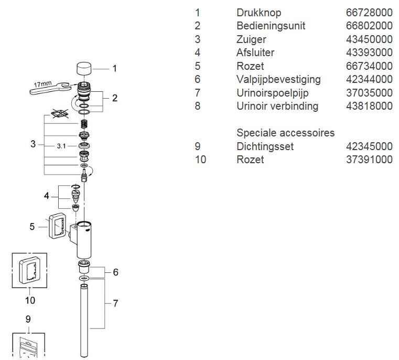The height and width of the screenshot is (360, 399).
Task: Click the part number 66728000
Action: tap(369, 13)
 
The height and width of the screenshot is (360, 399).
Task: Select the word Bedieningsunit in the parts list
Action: tap(271, 26)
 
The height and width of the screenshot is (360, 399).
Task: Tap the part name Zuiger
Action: tap(251, 39)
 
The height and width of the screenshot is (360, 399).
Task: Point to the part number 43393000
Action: tap(369, 52)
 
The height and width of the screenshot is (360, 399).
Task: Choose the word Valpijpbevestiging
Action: tap(278, 79)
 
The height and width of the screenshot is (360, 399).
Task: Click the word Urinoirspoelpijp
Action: tap(272, 93)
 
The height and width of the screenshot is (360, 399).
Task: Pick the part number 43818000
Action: tap(369, 106)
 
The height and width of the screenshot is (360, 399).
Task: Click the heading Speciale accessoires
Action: tap(286, 133)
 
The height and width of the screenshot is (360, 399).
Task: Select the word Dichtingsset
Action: tap(265, 146)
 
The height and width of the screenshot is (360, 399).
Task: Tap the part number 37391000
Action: tap(369, 160)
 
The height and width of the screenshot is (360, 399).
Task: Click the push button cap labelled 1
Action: tap(84, 69)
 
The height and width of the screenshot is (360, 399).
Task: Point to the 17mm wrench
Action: tap(50, 88)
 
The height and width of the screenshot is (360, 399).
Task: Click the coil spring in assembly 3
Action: tap(84, 124)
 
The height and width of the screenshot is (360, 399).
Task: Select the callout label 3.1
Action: tap(61, 146)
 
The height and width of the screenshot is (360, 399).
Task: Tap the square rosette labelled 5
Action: tap(58, 226)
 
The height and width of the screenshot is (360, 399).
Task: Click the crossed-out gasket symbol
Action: tap(60, 113)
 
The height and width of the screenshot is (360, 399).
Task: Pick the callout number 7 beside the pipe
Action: tap(115, 303)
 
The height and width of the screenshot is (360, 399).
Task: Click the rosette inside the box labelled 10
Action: tap(29, 270)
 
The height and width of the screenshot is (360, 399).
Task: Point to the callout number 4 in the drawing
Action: tap(46, 196)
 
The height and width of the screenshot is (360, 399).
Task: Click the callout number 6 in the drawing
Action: tap(115, 272)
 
